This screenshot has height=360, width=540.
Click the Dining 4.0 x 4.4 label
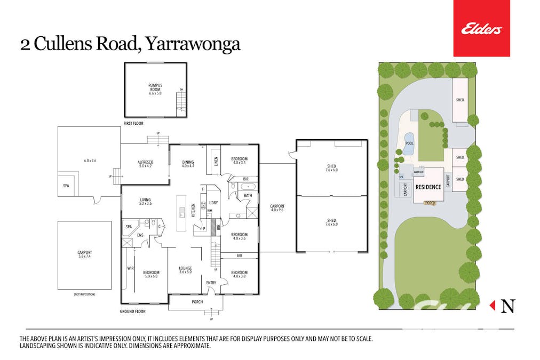(x=188, y=164)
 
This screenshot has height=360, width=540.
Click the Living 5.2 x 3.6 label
(x=145, y=201)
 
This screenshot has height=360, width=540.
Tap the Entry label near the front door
(x=211, y=283)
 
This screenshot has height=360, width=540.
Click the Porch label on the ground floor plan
(x=197, y=302)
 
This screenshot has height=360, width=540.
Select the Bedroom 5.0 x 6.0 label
(x=152, y=275)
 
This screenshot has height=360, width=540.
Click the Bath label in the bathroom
(x=248, y=196)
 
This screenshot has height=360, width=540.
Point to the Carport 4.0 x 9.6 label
(x=277, y=208)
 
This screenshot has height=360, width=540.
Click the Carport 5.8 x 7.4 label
(x=84, y=254)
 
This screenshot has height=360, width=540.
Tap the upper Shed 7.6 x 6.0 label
(x=331, y=168)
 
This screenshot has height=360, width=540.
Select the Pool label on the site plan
(x=410, y=143)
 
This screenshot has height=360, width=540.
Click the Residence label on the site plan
(x=428, y=187)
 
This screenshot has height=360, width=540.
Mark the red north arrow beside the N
(x=493, y=306)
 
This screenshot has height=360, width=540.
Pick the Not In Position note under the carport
(x=84, y=294)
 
